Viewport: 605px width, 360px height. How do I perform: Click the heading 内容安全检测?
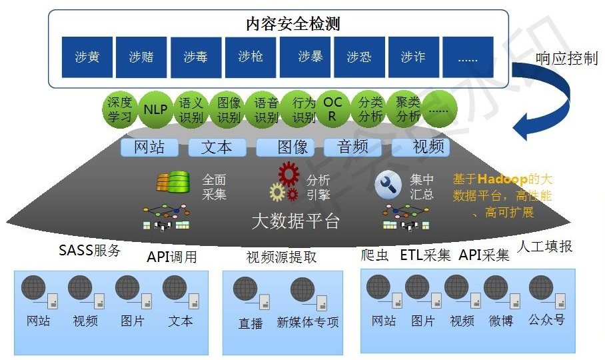(293, 25)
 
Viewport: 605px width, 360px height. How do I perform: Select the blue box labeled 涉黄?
(87, 57)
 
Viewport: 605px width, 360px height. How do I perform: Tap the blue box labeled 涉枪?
(251, 57)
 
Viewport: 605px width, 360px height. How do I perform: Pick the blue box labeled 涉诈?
(413, 57)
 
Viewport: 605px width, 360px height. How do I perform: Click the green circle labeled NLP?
(156, 109)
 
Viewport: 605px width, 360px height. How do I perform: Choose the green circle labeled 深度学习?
(121, 109)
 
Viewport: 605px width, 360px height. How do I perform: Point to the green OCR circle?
(332, 109)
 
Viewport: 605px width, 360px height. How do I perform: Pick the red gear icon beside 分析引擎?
(289, 173)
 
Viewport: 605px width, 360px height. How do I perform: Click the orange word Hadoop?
(501, 179)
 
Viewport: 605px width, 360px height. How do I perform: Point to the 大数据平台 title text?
(295, 221)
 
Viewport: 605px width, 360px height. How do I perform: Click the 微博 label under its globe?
(500, 321)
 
